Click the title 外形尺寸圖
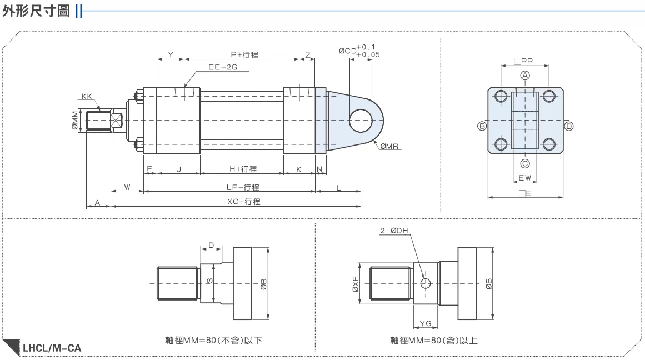pyautogui.click(x=36, y=11)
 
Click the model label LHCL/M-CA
pyautogui.click(x=52, y=348)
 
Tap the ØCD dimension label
pyautogui.click(x=348, y=51)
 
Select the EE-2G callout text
pyautogui.click(x=223, y=67)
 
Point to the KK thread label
pyautogui.click(x=86, y=96)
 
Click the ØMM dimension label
pyautogui.click(x=75, y=120)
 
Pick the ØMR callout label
pyautogui.click(x=389, y=146)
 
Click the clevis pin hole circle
pyautogui.click(x=361, y=121)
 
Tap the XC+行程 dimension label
pyautogui.click(x=244, y=202)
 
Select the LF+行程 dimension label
pyautogui.click(x=243, y=187)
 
